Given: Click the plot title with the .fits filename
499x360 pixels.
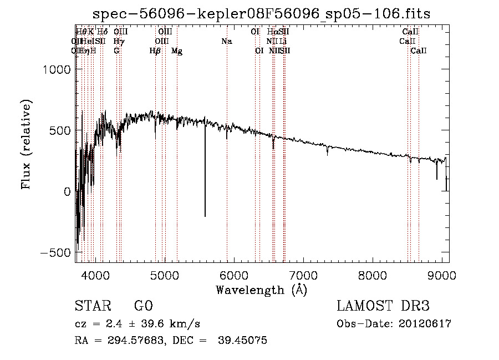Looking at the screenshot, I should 262,13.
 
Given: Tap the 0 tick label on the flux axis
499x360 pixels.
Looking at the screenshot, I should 67,192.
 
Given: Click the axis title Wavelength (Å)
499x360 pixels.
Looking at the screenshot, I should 261,290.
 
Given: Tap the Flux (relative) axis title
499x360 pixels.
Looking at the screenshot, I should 26,144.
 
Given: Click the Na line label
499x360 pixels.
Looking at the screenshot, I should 226,42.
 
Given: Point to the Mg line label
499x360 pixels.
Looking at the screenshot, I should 177,51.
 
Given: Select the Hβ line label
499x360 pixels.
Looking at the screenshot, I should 155,51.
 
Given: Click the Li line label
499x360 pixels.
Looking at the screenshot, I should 283,42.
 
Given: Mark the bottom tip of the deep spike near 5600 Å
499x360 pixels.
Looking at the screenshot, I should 205,216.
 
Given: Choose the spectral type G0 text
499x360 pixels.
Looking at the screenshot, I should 143,306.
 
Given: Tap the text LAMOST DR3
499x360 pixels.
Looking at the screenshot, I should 383,306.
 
